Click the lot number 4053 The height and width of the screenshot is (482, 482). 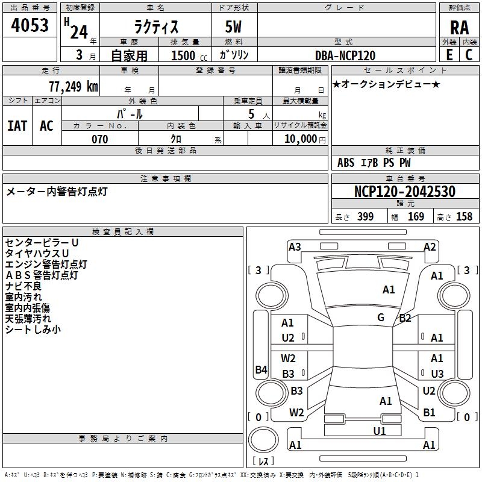click(30, 25)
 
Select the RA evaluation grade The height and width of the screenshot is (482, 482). click(459, 28)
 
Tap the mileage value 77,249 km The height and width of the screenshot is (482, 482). click(74, 87)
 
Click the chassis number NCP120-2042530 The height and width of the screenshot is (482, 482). click(404, 191)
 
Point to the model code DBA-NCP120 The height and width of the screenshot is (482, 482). click(345, 55)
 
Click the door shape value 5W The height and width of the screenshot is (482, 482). click(233, 27)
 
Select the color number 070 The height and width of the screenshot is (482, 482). click(100, 139)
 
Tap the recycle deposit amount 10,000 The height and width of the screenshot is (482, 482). click(301, 139)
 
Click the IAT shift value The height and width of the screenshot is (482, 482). click(17, 126)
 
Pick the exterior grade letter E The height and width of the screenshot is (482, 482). click(449, 55)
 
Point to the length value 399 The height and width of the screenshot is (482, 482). click(366, 216)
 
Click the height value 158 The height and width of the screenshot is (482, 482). click(464, 216)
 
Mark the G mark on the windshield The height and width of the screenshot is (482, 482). click(381, 318)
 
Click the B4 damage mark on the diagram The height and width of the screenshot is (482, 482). click(261, 369)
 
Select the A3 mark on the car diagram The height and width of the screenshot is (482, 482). click(295, 247)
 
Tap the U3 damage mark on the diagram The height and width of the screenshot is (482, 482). click(437, 374)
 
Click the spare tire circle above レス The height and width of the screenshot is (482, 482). click(263, 440)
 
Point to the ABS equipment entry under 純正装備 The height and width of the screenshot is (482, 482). click(346, 163)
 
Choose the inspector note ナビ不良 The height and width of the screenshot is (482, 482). click(23, 286)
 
